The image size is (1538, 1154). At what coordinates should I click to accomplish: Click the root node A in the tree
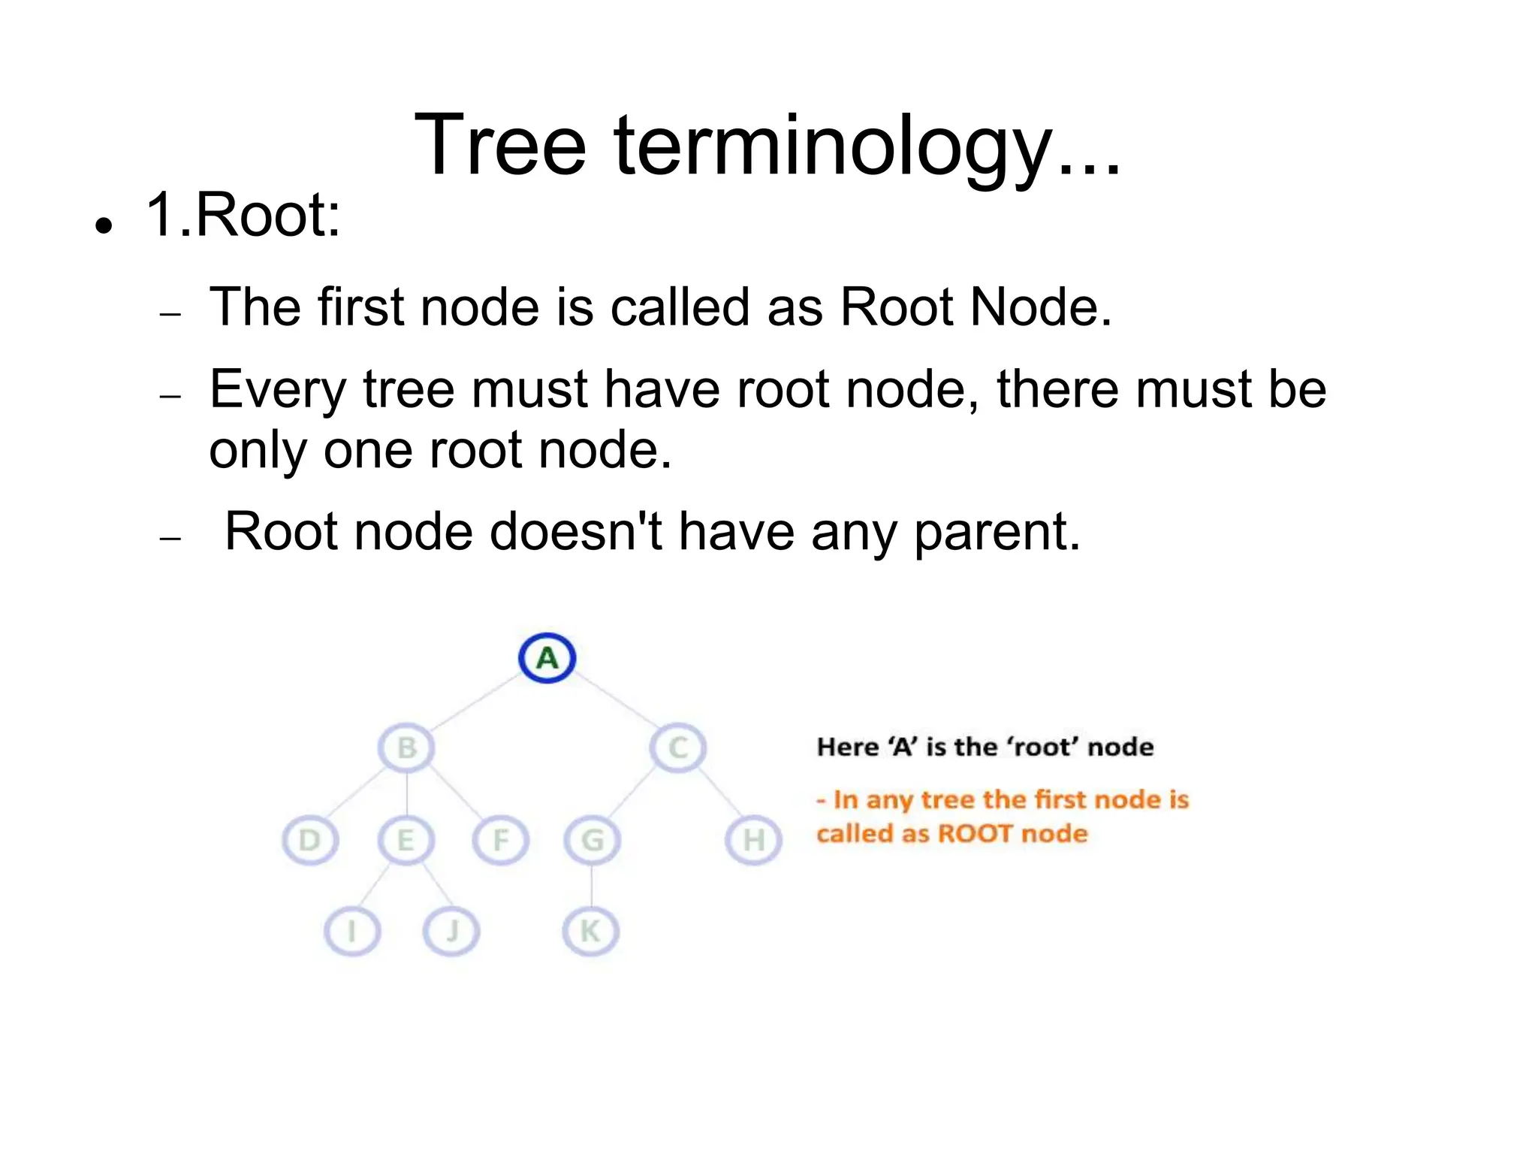click(x=547, y=658)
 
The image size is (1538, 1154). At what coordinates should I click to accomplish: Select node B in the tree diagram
click(x=406, y=748)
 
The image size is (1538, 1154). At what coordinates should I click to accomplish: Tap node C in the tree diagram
click(x=678, y=748)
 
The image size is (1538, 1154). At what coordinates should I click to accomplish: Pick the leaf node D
click(x=309, y=840)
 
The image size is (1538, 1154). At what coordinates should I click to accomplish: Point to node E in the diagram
click(x=406, y=840)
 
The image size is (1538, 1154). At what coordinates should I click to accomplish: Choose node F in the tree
click(x=501, y=840)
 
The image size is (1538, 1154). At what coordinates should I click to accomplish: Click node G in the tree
click(x=593, y=840)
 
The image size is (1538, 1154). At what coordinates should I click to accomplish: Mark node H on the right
click(x=753, y=840)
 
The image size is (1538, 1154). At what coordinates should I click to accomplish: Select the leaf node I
click(x=351, y=932)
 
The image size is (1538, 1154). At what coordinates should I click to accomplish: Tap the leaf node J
click(x=451, y=932)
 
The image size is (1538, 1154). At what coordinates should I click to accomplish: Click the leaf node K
click(x=591, y=932)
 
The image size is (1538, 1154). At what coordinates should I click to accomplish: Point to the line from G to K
click(x=592, y=887)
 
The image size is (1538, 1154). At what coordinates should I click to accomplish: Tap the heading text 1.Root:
click(x=243, y=216)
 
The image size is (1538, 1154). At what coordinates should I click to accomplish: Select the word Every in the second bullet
click(x=278, y=390)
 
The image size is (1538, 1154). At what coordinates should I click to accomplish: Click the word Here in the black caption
click(x=847, y=747)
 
